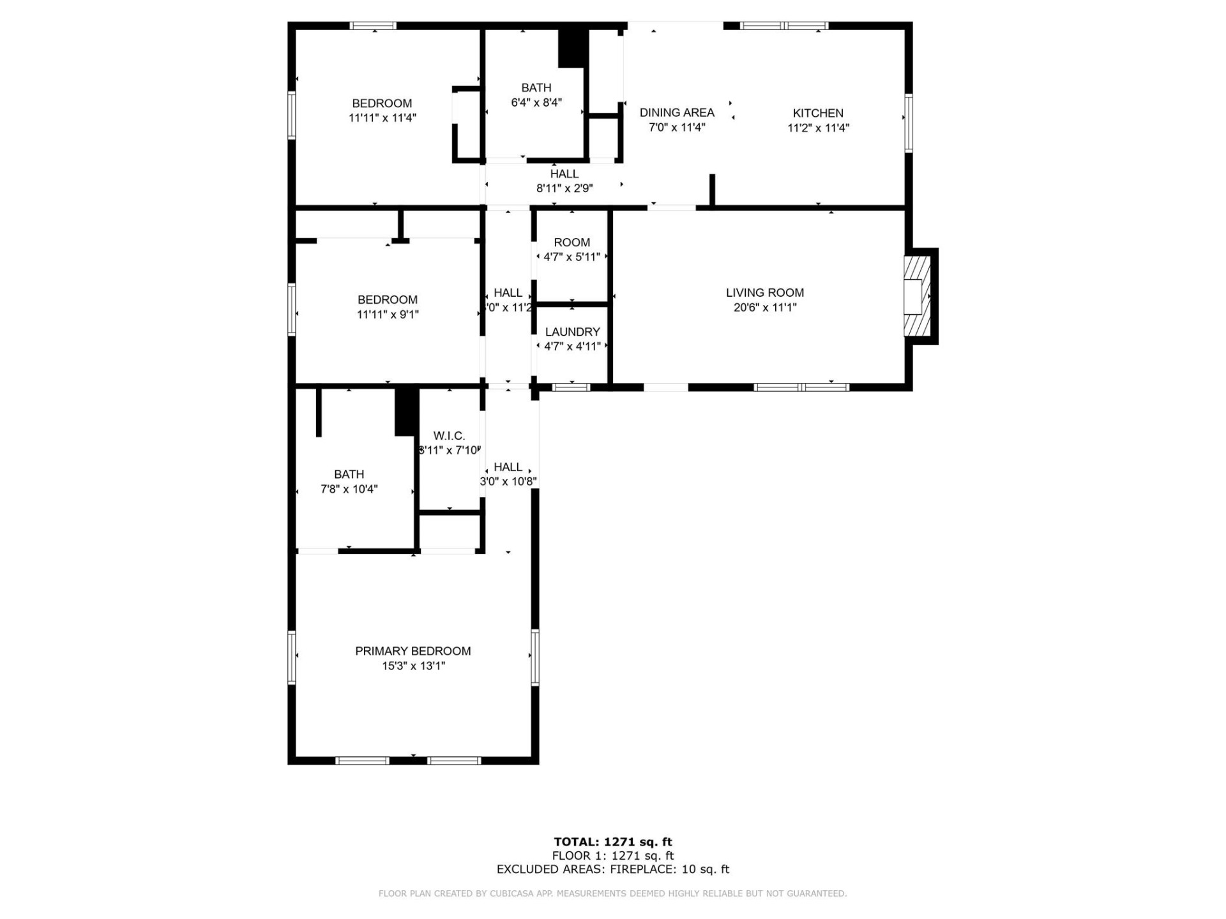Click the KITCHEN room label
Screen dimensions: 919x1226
(x=818, y=113)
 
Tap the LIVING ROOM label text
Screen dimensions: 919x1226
(x=764, y=292)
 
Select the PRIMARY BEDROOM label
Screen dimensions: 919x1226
(x=412, y=651)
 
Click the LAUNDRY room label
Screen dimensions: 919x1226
(x=572, y=332)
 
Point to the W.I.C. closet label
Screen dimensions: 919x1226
(x=449, y=436)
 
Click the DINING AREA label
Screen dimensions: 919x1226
(x=677, y=112)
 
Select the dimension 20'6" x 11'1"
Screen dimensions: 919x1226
(x=764, y=308)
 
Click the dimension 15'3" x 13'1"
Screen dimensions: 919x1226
(x=412, y=666)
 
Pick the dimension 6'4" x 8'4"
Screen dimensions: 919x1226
(x=536, y=102)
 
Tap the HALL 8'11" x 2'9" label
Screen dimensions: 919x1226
(x=564, y=181)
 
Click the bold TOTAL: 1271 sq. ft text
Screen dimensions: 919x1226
(x=612, y=842)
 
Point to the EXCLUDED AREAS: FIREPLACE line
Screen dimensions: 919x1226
(x=612, y=869)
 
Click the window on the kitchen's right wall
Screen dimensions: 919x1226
(x=908, y=123)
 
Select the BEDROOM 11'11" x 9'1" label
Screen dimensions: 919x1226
(x=388, y=306)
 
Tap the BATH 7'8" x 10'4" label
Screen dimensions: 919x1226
(x=349, y=481)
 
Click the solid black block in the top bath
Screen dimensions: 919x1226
(x=572, y=48)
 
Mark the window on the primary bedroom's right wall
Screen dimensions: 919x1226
(x=534, y=657)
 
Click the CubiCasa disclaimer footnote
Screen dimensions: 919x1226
(x=612, y=893)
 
